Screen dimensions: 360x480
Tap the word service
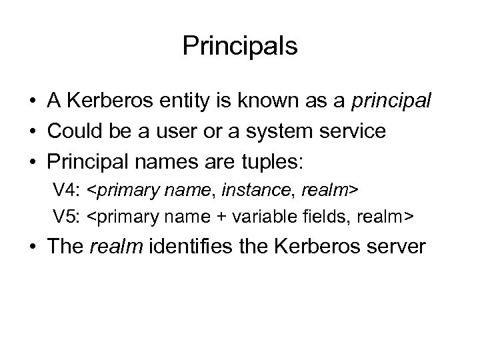click(x=350, y=132)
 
